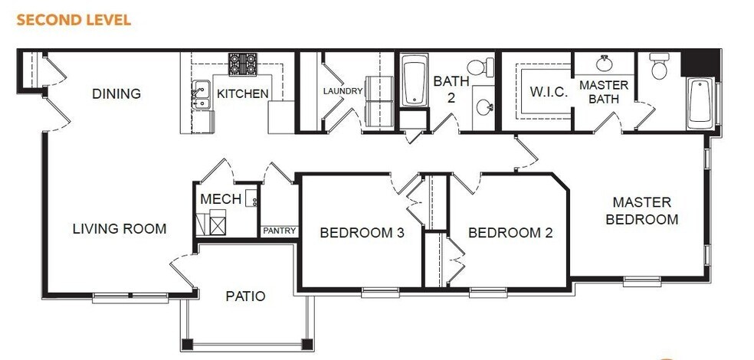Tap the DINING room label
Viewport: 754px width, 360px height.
pyautogui.click(x=116, y=94)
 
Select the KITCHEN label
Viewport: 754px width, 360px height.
pyautogui.click(x=242, y=94)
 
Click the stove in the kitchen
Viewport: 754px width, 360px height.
pyautogui.click(x=243, y=64)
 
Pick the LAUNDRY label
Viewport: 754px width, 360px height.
pyautogui.click(x=343, y=91)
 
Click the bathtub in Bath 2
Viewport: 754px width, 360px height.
pyautogui.click(x=415, y=80)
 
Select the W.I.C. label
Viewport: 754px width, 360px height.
pyautogui.click(x=549, y=92)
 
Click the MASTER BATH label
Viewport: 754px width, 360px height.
pyautogui.click(x=603, y=91)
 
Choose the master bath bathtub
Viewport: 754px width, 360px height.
pyautogui.click(x=700, y=104)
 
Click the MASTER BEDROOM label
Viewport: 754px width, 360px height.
pyautogui.click(x=641, y=211)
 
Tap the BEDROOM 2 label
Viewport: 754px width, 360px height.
pyautogui.click(x=510, y=233)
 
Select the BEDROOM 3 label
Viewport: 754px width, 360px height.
pyautogui.click(x=362, y=233)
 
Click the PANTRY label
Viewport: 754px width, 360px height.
pyautogui.click(x=277, y=231)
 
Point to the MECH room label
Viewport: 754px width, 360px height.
pyautogui.click(x=221, y=199)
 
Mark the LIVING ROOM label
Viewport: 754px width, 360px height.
pyautogui.click(x=120, y=228)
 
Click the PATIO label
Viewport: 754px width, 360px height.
pyautogui.click(x=245, y=296)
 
